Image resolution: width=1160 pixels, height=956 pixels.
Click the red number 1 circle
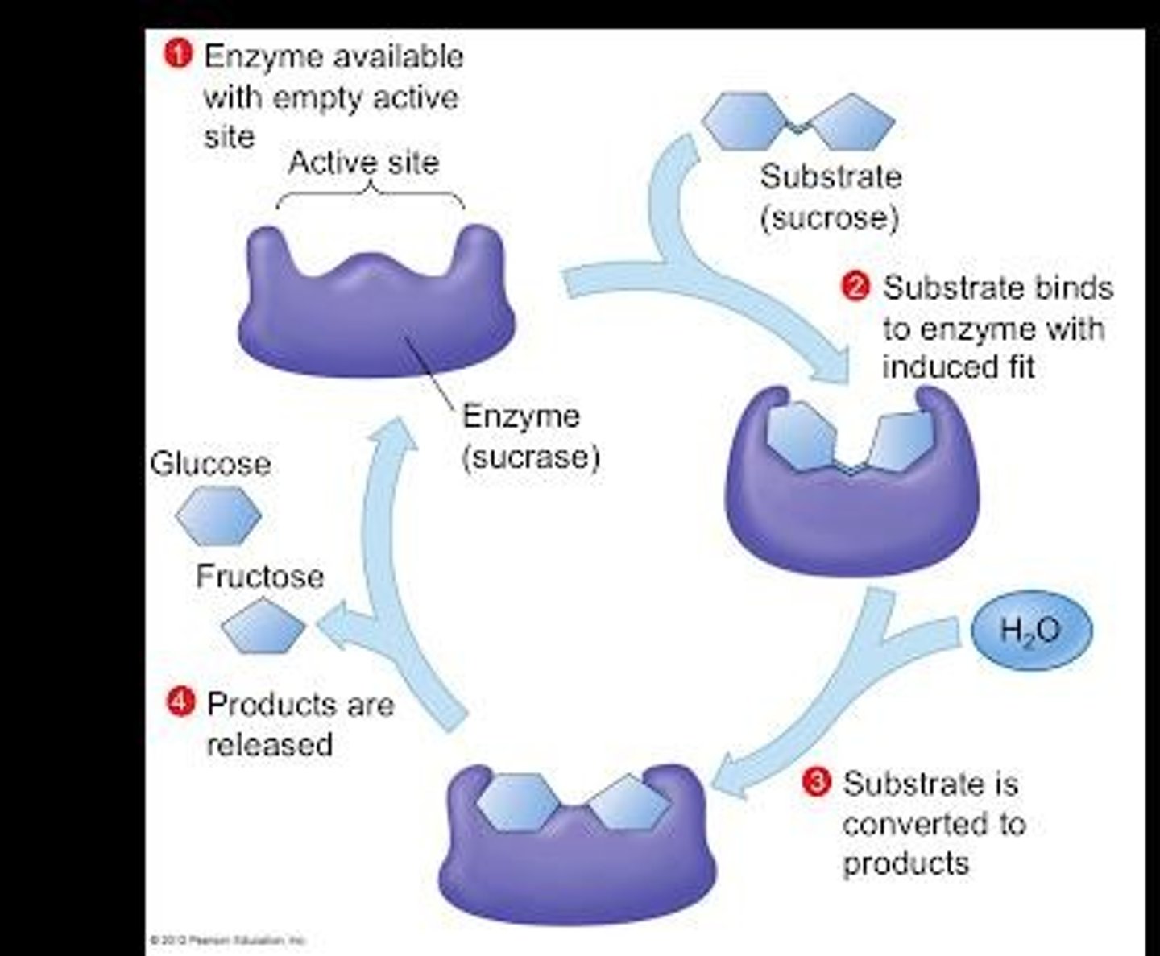tap(178, 55)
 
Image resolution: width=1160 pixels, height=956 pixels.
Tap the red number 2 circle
tap(855, 288)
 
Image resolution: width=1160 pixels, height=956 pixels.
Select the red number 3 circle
tap(816, 782)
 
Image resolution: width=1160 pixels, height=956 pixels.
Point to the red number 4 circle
tap(180, 702)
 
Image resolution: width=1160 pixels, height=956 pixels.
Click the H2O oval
tap(1031, 629)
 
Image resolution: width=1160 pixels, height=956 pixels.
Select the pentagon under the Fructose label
tap(263, 626)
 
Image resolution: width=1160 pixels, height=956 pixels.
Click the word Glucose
tap(210, 464)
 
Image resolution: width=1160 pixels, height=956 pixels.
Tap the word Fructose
tap(259, 576)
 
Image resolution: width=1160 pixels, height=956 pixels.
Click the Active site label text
tap(363, 163)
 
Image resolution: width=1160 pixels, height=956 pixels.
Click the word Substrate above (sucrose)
tap(831, 177)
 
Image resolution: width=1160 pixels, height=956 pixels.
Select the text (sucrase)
tap(531, 457)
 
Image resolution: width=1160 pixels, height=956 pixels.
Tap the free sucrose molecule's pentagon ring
tap(852, 123)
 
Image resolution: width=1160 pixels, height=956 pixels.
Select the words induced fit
tap(958, 367)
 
